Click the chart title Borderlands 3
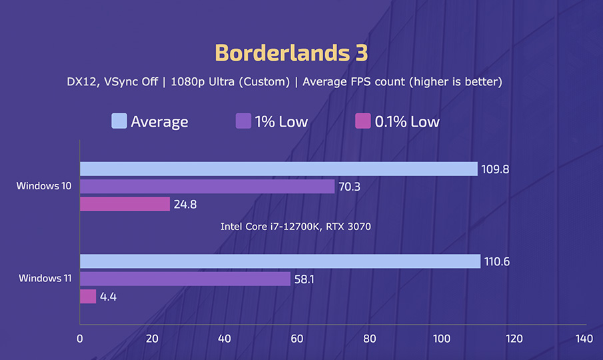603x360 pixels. coord(291,53)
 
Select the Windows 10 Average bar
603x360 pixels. coord(279,169)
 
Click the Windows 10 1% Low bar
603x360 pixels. coord(207,187)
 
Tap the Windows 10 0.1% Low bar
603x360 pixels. coord(125,204)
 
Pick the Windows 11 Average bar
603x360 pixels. coord(280,261)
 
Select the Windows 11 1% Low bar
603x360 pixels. coord(185,279)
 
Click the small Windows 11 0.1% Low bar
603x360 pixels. coord(88,296)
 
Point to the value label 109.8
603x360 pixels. coord(496,169)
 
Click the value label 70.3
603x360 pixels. coord(349,187)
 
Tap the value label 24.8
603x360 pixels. coord(185,205)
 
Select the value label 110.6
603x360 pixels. coord(496,262)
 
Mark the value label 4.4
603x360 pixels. coord(109,297)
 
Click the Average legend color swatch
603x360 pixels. coord(119,121)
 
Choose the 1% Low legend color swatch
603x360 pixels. coord(243,121)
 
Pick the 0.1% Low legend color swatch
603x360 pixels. coord(362,121)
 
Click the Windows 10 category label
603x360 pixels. coord(44,186)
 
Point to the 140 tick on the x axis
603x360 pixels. coord(584,339)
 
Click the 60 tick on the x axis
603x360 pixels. coord(297,339)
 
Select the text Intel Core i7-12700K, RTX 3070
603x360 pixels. coord(295,227)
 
